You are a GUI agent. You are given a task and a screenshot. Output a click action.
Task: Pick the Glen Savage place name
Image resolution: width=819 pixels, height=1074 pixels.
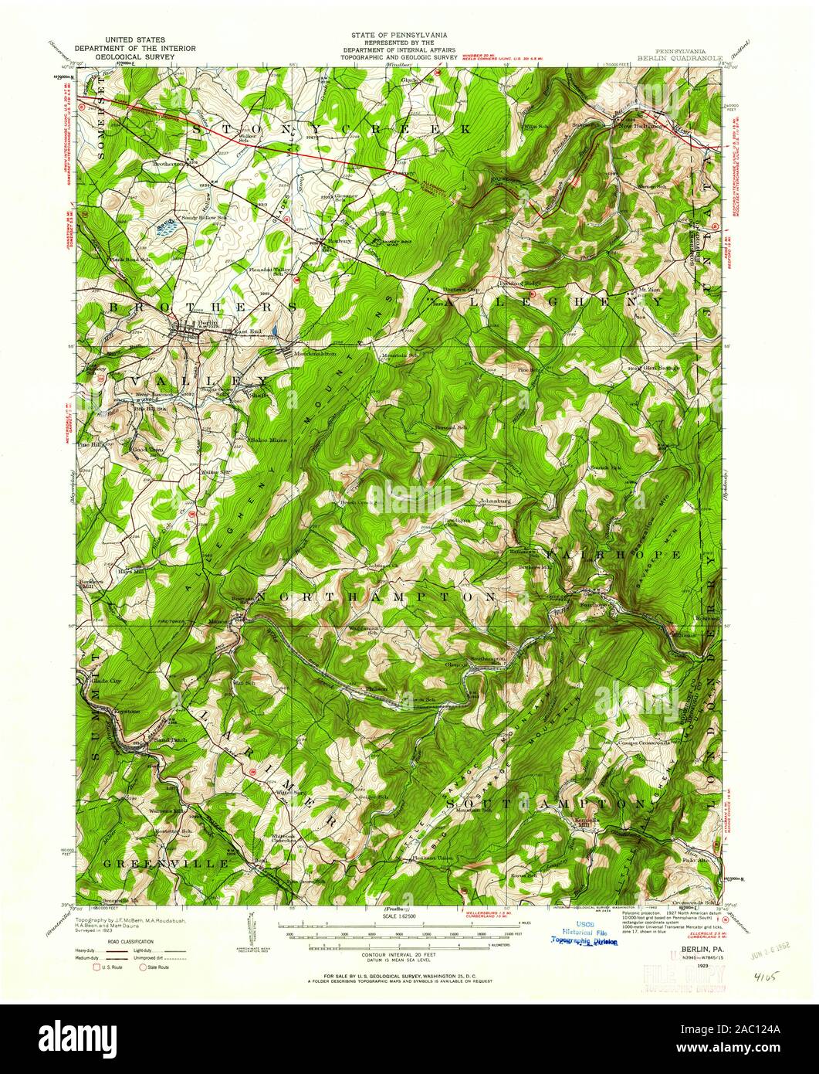[x=663, y=368]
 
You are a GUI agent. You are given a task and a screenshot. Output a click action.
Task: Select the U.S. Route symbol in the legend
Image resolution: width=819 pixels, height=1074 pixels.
[x=98, y=966]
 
